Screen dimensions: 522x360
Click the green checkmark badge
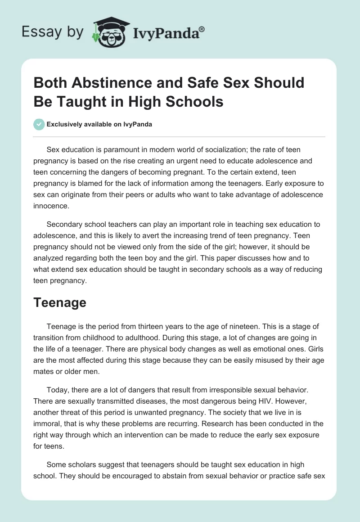[x=40, y=125]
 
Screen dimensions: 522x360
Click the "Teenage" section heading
[x=59, y=302]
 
